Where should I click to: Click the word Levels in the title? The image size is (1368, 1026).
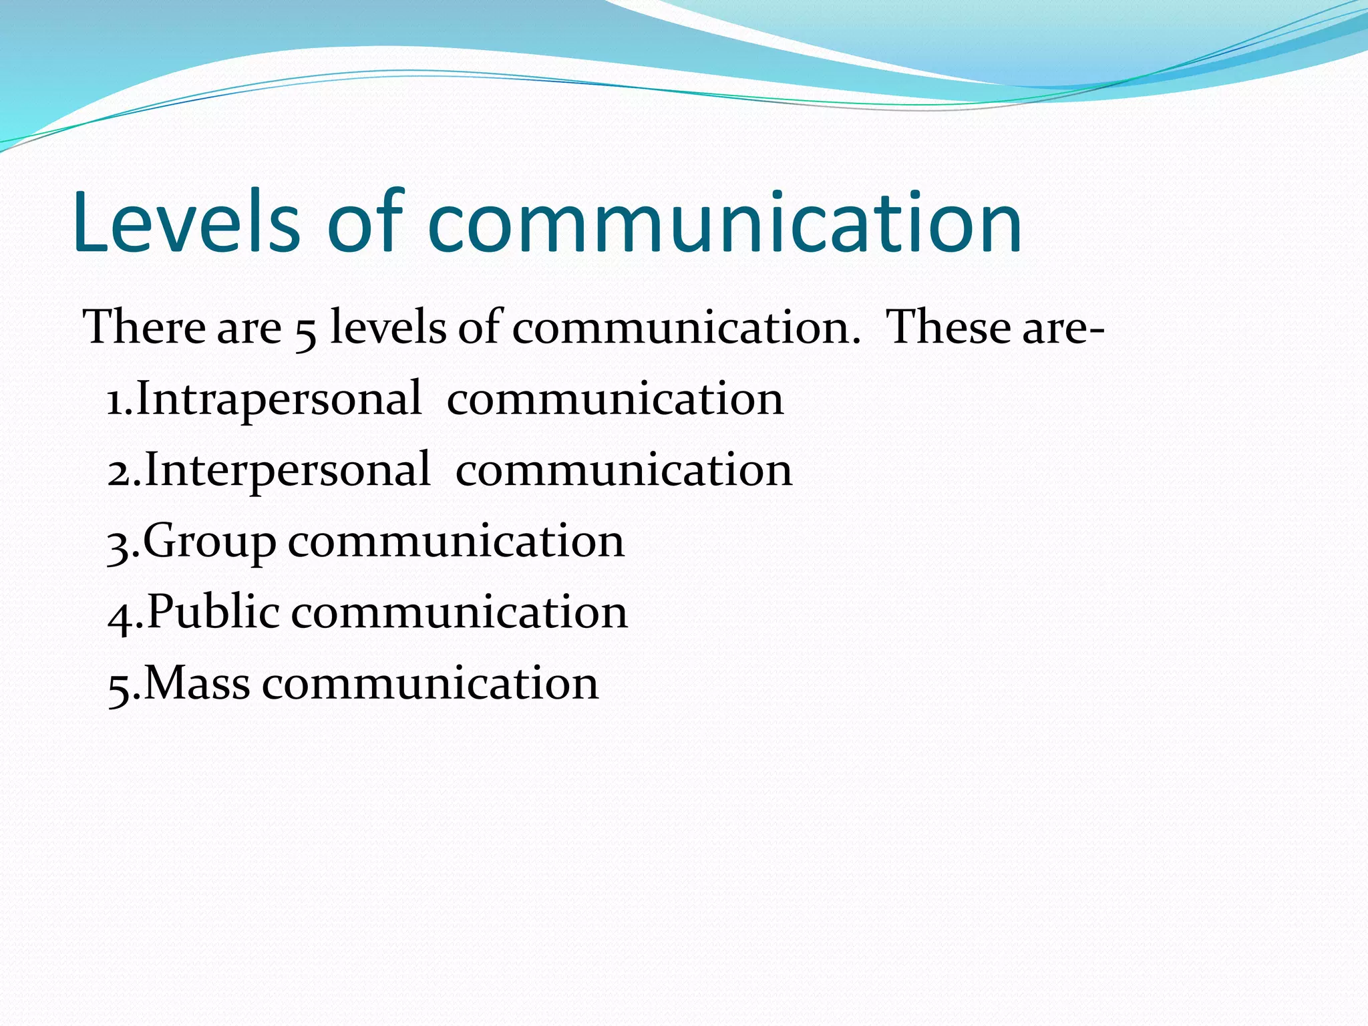tap(186, 222)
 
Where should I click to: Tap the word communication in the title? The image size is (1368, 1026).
tap(724, 222)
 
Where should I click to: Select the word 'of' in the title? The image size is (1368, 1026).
tap(366, 222)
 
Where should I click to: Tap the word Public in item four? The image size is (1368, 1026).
tap(213, 612)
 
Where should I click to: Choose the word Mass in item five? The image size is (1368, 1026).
tap(197, 684)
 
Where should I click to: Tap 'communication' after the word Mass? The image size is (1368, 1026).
tap(430, 684)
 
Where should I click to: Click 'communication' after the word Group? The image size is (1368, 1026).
tap(456, 542)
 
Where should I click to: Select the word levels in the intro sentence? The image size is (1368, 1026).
tap(388, 328)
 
